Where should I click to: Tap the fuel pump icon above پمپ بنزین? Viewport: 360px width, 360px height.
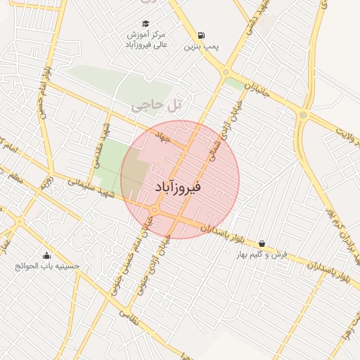point(202,36)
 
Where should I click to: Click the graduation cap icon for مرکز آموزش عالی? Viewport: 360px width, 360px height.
point(146,23)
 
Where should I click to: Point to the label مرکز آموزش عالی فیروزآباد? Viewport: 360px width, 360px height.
point(147,39)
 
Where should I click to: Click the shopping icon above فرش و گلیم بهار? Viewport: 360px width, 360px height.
point(262,243)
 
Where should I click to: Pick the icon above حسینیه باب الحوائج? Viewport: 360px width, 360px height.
point(47,255)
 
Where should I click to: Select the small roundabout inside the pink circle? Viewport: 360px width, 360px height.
point(154,210)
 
